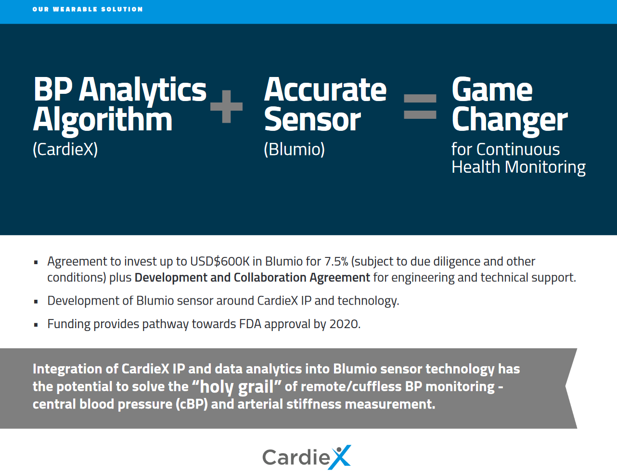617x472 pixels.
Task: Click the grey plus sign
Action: point(226,106)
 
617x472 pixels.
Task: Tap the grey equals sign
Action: point(420,106)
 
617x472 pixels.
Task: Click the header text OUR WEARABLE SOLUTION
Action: point(88,9)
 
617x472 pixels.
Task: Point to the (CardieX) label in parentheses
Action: point(65,149)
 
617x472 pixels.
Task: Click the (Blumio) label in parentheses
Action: point(295,149)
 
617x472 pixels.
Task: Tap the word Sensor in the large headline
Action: point(312,119)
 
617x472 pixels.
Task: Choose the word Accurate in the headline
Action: point(325,89)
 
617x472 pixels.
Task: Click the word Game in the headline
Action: point(492,89)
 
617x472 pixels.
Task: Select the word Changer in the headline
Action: point(510,121)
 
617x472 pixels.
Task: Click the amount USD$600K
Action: point(220,262)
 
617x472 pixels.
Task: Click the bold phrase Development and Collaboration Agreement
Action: point(252,278)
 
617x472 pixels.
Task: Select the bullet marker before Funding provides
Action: point(36,325)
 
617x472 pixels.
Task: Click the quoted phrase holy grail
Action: point(237,386)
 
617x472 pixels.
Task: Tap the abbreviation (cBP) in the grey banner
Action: point(192,405)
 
